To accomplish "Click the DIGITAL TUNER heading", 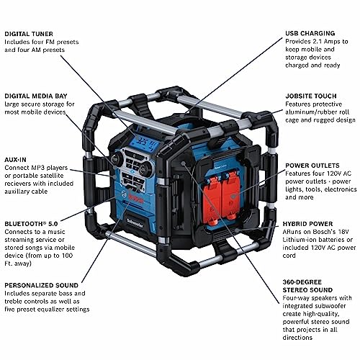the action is point(29,34).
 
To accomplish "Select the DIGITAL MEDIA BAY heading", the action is point(36,96).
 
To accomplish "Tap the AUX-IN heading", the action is point(15,160).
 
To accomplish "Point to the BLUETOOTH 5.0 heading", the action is point(31,224).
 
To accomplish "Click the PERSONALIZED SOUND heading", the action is point(42,285).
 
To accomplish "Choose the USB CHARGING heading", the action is point(310,33).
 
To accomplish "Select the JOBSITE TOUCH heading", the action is point(311,96).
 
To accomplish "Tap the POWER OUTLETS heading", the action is point(312,166).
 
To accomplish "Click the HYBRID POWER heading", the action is point(307,224).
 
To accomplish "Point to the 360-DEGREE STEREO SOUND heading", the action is point(307,286).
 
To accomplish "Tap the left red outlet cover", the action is point(212,197).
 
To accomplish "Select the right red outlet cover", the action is point(231,196).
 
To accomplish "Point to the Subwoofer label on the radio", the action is point(135,222).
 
